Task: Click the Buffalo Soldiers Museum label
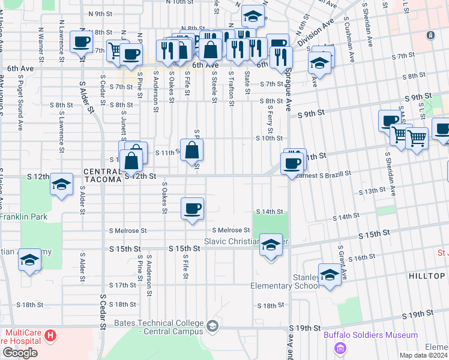coord(371,335)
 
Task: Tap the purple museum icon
coord(340,348)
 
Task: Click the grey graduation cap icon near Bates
coord(212,326)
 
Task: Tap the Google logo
coord(20,353)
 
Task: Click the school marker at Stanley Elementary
coord(330,275)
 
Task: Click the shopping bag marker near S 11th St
coord(191,151)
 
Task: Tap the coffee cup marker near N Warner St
coord(82,43)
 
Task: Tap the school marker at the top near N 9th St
coord(253,17)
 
